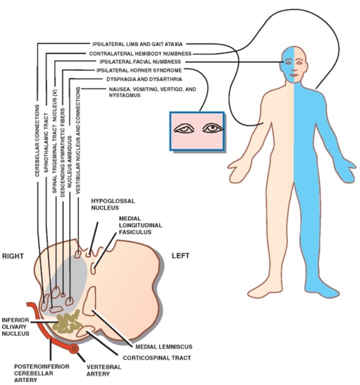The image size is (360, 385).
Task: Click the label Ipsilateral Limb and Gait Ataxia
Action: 140,44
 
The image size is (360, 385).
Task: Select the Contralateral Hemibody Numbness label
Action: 140,53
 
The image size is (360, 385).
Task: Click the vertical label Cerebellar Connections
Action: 38,141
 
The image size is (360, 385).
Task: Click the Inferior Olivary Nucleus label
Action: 15,326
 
